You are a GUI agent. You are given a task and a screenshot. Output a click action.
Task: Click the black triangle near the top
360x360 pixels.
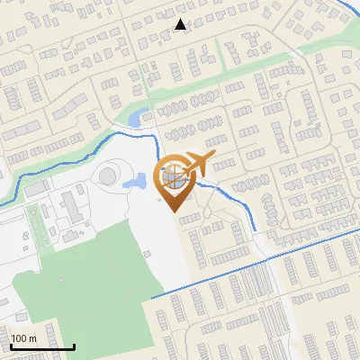point(181,24)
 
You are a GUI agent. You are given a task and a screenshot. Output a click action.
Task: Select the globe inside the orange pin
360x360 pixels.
point(175,177)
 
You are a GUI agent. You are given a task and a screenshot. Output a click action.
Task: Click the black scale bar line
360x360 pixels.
point(42,346)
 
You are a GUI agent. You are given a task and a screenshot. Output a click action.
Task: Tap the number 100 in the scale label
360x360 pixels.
point(19,338)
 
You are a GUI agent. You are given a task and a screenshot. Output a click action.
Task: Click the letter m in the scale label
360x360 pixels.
point(31,338)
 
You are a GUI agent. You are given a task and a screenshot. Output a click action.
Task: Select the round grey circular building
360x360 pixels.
point(108,173)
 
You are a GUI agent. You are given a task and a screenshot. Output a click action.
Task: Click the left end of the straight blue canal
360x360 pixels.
point(152,297)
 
